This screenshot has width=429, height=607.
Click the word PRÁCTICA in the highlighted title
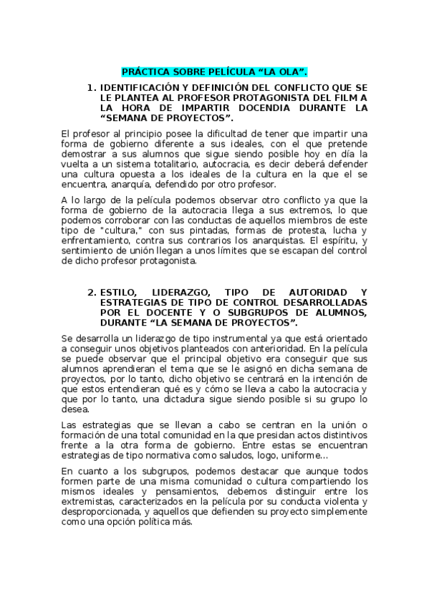click(144, 72)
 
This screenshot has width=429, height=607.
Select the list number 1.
click(91, 87)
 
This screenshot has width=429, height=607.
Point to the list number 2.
click(91, 292)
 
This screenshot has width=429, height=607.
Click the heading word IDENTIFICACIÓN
click(138, 87)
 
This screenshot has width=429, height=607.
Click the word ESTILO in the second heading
click(119, 292)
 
